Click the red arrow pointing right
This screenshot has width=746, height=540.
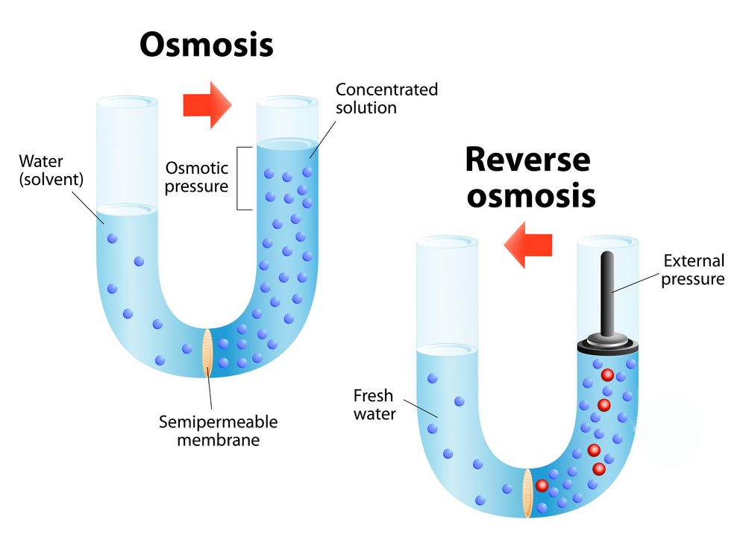[x=207, y=105]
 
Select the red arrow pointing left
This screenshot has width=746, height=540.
[x=528, y=245]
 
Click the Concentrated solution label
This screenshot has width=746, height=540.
[x=386, y=98]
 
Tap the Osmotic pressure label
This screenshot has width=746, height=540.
[x=196, y=177]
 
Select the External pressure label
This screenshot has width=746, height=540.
[x=694, y=270]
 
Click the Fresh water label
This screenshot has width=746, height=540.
[x=374, y=404]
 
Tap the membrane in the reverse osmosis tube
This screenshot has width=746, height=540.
[x=527, y=492]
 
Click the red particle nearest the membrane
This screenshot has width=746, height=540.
[x=542, y=486]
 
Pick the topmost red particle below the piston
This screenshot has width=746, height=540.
[x=607, y=374]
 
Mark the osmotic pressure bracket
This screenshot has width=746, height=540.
[x=240, y=178]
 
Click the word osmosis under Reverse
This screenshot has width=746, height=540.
[x=530, y=195]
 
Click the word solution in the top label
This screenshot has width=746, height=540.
[x=366, y=107]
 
